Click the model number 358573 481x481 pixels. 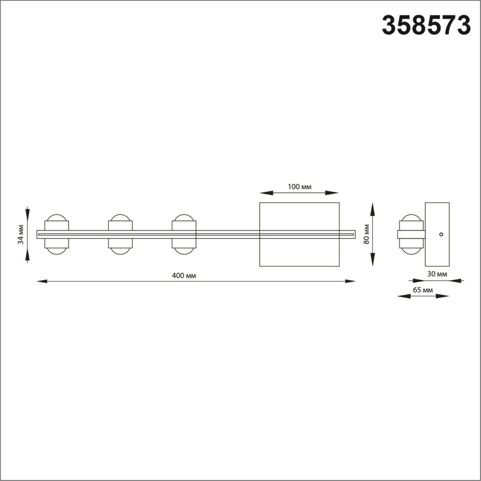pos(426,25)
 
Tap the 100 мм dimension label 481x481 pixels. pos(299,186)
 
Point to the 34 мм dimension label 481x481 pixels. pos(21,234)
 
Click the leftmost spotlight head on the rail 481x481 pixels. pos(57,234)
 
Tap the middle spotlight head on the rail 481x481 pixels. pos(120,234)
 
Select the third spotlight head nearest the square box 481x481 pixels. pos(184,234)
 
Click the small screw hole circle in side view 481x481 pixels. pos(441,234)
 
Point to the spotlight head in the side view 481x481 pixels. pos(410,234)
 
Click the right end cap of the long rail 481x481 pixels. pos(353,234)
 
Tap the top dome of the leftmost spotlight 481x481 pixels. pos(57,218)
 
